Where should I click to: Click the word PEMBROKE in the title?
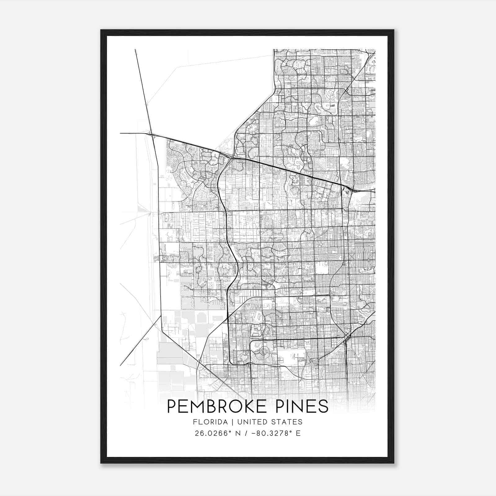217,406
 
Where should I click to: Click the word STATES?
288,422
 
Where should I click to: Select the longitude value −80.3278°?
273,433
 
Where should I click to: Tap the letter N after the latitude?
238,433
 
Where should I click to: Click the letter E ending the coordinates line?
298,433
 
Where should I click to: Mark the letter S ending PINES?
323,406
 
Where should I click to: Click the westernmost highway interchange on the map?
152,134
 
